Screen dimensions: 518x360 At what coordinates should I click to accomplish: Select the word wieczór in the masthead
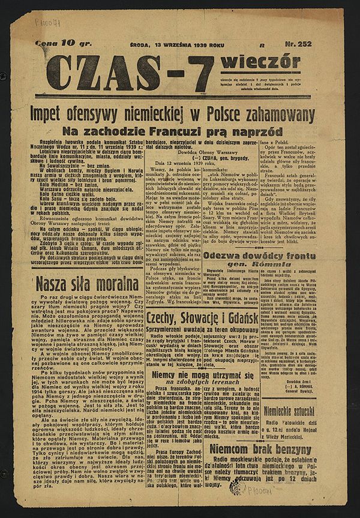pyautogui.click(x=260, y=63)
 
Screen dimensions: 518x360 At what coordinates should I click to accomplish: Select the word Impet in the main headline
pyautogui.click(x=67, y=115)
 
